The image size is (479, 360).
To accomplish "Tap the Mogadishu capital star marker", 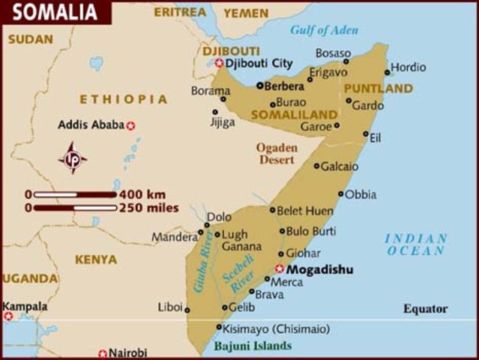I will (280, 268).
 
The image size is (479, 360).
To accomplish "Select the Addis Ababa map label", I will (91, 124).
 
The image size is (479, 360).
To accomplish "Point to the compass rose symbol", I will (73, 158).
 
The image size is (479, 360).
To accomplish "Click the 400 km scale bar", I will (75, 194).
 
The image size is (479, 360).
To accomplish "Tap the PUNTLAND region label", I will (379, 88).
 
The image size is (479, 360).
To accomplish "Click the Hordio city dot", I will (388, 73).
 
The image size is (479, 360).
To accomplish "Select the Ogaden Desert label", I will (277, 154).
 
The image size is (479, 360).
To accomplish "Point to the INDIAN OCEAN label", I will (416, 244).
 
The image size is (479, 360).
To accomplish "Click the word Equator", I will (425, 308).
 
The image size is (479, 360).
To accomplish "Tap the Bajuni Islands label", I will (253, 346).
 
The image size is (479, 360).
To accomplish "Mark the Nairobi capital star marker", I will (103, 352).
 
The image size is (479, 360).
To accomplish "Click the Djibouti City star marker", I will (219, 63).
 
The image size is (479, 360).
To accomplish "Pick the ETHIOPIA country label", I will (124, 99).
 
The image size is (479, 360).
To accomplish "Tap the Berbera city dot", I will (259, 85).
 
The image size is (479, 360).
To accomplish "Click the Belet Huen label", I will (305, 211).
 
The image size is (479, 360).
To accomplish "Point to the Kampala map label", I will (25, 306).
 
